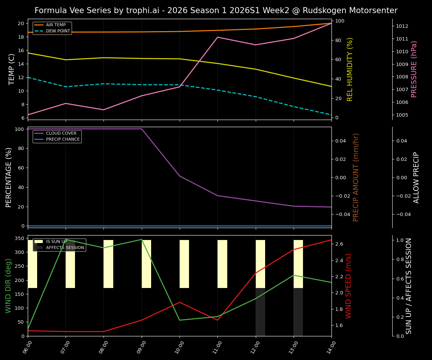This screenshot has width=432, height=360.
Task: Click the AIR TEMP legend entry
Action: click(55, 25)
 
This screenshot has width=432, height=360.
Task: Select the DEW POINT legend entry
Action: click(58, 31)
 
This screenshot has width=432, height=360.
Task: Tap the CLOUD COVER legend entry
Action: click(61, 133)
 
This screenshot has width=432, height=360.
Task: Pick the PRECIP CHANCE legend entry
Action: click(63, 139)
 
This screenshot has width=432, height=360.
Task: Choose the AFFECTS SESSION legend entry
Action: click(65, 248)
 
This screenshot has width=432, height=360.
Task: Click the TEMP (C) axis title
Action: click(12, 69)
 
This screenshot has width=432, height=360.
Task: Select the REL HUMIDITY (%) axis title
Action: click(350, 69)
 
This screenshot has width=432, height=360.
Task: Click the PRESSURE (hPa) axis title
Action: click(414, 69)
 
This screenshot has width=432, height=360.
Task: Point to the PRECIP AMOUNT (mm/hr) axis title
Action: click(356, 177)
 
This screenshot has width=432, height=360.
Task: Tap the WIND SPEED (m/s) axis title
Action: click(349, 286)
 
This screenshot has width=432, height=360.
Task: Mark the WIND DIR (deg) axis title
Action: click(8, 286)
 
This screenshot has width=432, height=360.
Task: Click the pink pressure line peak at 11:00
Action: click(217, 37)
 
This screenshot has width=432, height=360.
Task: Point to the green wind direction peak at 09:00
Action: click(141, 239)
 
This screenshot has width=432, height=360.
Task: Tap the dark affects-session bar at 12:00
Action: click(260, 312)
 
